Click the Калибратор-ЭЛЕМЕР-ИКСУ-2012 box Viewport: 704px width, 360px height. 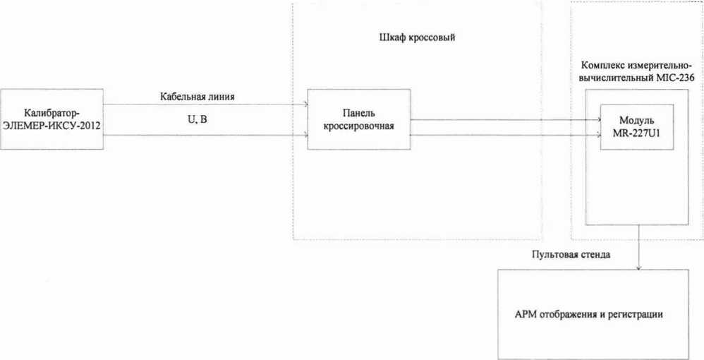pyautogui.click(x=52, y=119)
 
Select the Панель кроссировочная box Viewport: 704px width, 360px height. pyautogui.click(x=358, y=119)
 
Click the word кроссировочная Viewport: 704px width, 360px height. pyautogui.click(x=358, y=125)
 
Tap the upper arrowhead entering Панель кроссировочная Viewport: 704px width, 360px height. pyautogui.click(x=305, y=104)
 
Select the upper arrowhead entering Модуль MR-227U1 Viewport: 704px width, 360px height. pyautogui.click(x=597, y=119)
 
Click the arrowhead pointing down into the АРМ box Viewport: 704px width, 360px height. pyautogui.click(x=639, y=267)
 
